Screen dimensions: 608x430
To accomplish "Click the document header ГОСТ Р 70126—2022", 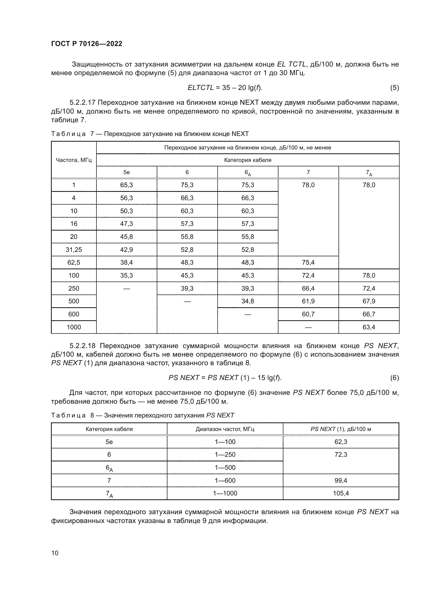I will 87,44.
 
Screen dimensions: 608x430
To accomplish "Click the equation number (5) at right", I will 394,88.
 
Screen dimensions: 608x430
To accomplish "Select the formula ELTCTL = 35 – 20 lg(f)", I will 225,88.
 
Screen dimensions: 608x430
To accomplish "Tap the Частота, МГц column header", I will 74,160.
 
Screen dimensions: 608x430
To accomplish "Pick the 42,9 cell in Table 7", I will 127,250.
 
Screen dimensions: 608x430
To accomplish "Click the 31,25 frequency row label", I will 74,250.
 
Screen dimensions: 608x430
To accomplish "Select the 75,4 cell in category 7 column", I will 308,263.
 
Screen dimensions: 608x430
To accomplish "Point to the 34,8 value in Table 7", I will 247,301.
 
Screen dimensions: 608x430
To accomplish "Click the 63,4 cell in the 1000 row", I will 369,327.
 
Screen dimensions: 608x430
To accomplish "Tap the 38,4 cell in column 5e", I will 127,263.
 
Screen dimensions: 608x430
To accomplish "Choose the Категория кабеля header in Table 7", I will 247,160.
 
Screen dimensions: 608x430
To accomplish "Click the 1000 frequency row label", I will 74,327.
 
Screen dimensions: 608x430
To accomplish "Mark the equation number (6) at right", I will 394,378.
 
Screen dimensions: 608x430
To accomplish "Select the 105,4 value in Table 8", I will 341,493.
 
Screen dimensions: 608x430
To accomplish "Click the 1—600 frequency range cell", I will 225,480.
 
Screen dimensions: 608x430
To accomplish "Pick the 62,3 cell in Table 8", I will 341,442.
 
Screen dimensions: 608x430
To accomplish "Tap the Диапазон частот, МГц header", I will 225,429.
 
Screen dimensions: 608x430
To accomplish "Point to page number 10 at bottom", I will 55,553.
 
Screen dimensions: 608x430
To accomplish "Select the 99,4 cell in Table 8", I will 341,480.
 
